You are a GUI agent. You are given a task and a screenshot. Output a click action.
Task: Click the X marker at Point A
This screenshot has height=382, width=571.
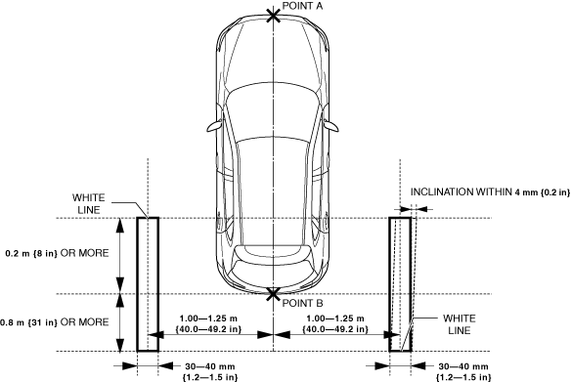coord(274,16)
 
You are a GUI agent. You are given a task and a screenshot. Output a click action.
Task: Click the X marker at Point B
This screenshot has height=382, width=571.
coord(273,294)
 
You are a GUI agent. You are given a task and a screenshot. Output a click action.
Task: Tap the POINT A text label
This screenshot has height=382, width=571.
coord(302,6)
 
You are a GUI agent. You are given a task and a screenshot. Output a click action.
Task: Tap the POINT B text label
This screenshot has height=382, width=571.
coord(302,303)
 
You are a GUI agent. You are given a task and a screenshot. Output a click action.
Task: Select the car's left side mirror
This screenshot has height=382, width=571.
coord(215,126)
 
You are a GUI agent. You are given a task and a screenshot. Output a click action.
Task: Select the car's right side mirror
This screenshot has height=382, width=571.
coord(330,126)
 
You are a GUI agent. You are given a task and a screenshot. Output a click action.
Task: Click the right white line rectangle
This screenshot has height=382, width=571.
coord(390,284)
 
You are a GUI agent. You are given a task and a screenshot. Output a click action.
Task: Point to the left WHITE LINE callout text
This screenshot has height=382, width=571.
coord(89,204)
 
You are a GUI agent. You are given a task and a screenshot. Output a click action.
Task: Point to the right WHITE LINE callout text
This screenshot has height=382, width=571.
coord(460,324)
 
